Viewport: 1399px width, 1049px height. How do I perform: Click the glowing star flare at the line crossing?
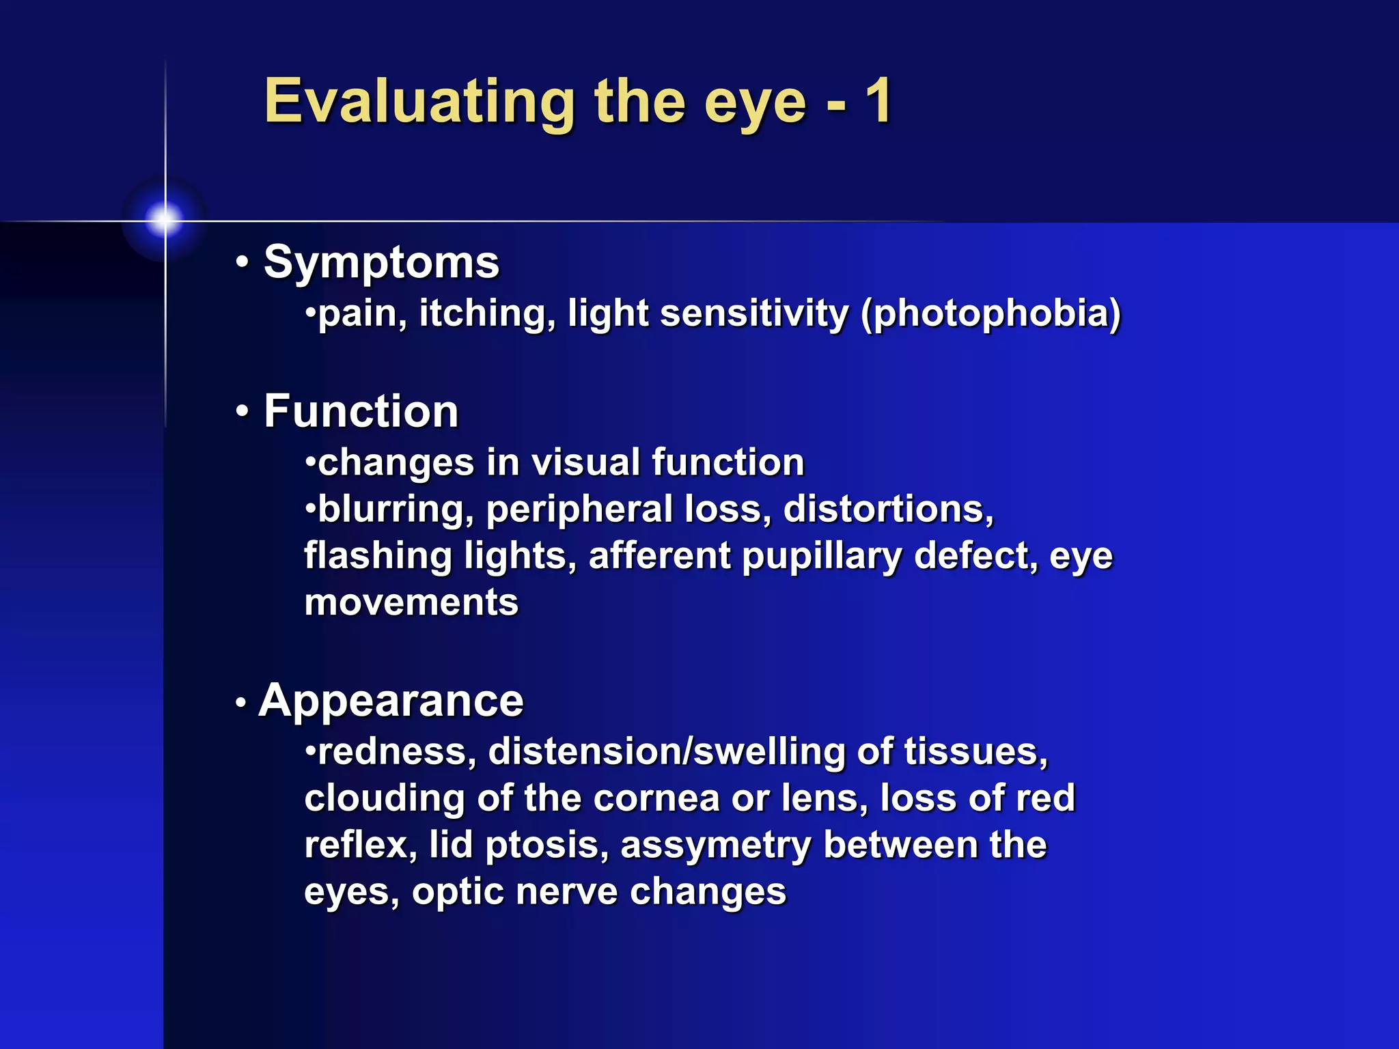coord(165,220)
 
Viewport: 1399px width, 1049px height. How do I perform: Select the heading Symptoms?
coord(381,263)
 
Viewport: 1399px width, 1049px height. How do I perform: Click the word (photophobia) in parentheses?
coord(991,314)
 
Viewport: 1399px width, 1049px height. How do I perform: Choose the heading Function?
coord(361,412)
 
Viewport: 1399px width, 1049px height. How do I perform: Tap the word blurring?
coord(395,510)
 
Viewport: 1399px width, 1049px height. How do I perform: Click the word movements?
coord(411,602)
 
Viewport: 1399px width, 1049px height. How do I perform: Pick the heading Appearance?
coord(391,701)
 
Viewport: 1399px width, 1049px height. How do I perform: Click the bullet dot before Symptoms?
coord(242,263)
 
